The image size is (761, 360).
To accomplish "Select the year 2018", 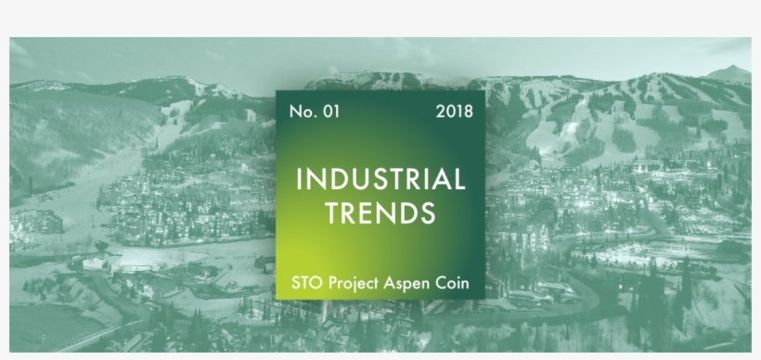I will click(x=454, y=111).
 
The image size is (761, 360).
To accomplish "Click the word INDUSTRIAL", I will click(x=380, y=179).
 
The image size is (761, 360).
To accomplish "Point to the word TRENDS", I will click(x=380, y=214).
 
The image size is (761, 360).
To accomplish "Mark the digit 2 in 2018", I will click(x=440, y=111).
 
